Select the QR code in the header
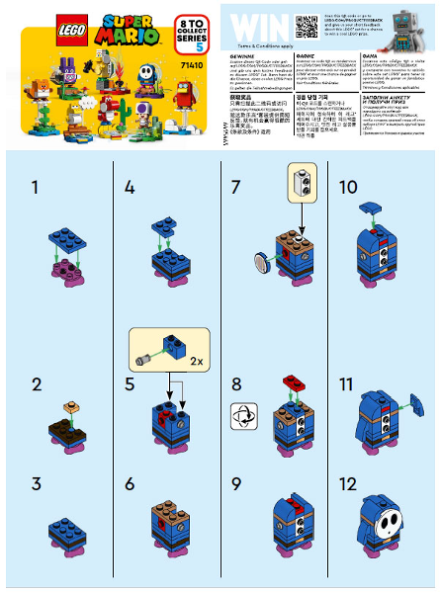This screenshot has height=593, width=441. point(307,24)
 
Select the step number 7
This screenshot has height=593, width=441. point(234,187)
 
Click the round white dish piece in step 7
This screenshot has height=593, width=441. point(261,262)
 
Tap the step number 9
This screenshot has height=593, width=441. point(234,485)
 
